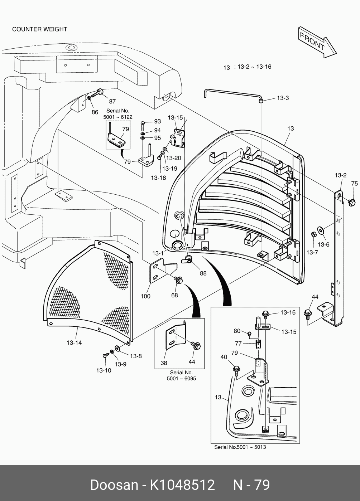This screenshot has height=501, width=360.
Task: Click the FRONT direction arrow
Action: coord(317,42)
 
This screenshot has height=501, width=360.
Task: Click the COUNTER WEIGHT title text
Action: coord(40,29)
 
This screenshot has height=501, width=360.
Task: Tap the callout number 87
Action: coord(112,101)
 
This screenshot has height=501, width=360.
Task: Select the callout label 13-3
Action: coord(283,98)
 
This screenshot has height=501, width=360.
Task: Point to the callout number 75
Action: coord(354,183)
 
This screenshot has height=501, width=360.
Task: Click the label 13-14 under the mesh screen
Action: coord(74,342)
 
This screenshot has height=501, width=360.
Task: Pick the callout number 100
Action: coord(145,296)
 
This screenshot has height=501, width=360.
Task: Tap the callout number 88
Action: coord(203,273)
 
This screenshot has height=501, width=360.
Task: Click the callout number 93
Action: coord(157,121)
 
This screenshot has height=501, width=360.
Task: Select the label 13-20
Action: coord(173,158)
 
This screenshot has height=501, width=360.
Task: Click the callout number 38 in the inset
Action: coord(164,363)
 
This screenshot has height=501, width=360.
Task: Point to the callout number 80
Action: coord(237,331)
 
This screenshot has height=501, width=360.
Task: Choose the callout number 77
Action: coord(238,343)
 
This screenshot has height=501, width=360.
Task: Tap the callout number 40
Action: coord(224,357)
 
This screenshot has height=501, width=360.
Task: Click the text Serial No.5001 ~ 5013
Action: coord(240,447)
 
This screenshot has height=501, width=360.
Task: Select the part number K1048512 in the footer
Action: coord(182,485)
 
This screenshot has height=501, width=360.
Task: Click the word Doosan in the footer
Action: coord(114,485)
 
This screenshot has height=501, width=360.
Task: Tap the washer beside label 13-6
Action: coord(320,230)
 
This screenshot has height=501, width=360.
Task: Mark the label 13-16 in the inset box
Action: coord(288,312)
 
